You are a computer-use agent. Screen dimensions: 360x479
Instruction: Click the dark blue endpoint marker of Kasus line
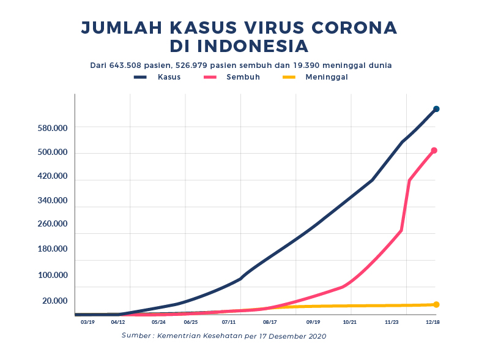click(x=436, y=109)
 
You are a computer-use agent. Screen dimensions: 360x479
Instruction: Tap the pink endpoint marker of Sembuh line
click(x=434, y=151)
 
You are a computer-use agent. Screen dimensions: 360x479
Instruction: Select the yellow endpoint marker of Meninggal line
click(x=436, y=304)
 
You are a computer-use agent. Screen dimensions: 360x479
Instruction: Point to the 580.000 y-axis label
click(x=53, y=128)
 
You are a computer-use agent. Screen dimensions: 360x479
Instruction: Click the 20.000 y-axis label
click(x=54, y=301)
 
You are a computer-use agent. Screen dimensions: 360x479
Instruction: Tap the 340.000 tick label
click(x=53, y=201)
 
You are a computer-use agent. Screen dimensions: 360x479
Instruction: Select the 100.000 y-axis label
click(x=53, y=275)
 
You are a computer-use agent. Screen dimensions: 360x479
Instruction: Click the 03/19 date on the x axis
click(x=87, y=321)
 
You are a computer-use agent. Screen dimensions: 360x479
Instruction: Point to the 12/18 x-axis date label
click(x=432, y=321)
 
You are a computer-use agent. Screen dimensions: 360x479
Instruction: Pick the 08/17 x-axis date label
click(x=270, y=321)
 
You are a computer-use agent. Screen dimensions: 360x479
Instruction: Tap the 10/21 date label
click(x=350, y=321)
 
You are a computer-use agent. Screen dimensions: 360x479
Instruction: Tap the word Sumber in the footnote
click(x=136, y=336)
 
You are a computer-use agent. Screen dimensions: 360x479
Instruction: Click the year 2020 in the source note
click(x=316, y=336)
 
